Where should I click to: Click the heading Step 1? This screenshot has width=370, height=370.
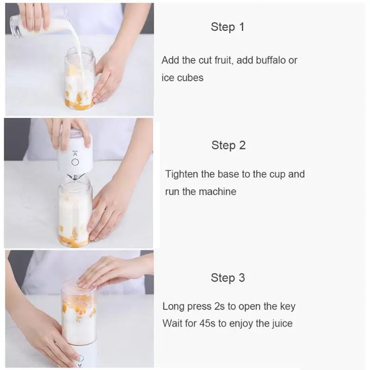click(228, 27)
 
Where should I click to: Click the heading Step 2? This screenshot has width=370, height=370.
click(228, 145)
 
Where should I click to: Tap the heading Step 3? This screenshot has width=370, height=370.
click(228, 278)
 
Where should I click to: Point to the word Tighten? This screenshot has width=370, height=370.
click(182, 174)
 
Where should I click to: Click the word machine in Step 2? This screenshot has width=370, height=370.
click(217, 191)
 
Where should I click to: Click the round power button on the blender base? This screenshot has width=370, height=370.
click(75, 162)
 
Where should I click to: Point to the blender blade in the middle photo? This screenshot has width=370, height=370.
click(75, 177)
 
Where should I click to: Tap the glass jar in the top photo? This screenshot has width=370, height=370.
click(80, 79)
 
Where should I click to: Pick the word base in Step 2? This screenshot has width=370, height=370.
click(228, 174)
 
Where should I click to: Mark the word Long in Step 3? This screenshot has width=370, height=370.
click(173, 307)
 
